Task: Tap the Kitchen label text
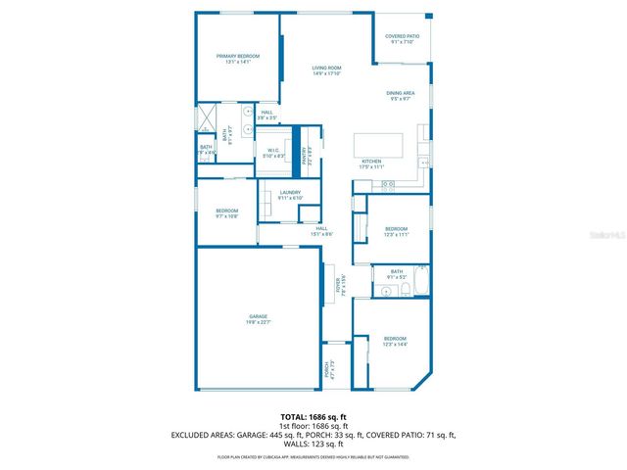tap(371, 164)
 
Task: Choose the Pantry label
tap(306, 155)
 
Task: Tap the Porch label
tap(327, 371)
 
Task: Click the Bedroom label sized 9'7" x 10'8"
tap(227, 213)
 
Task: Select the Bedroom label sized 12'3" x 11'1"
tap(396, 231)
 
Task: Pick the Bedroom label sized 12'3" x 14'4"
tap(396, 342)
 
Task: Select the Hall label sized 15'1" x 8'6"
tap(322, 230)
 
